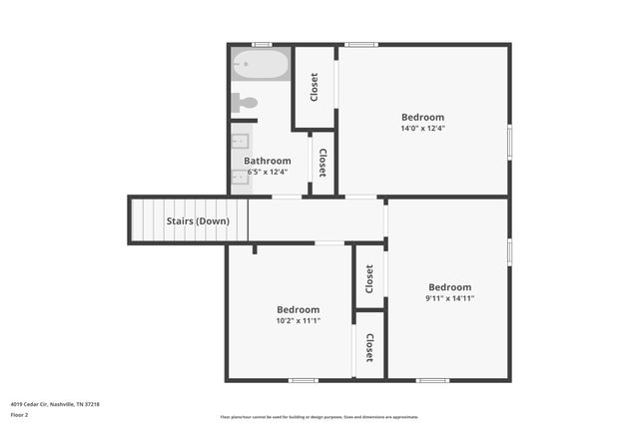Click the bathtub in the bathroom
pyautogui.click(x=261, y=66)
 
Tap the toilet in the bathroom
pyautogui.click(x=246, y=101)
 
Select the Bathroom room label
pyautogui.click(x=268, y=161)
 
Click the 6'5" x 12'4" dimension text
pyautogui.click(x=268, y=172)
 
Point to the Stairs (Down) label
pyautogui.click(x=198, y=220)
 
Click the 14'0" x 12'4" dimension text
pyautogui.click(x=422, y=128)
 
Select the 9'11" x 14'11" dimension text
pyautogui.click(x=449, y=297)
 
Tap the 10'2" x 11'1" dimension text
pyautogui.click(x=299, y=320)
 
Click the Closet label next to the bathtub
pyautogui.click(x=314, y=87)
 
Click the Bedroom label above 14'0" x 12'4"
pyautogui.click(x=422, y=117)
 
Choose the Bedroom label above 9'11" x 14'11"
pyautogui.click(x=449, y=287)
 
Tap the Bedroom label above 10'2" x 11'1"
pyautogui.click(x=299, y=309)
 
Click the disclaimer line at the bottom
pyautogui.click(x=319, y=417)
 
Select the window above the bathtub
pyautogui.click(x=262, y=45)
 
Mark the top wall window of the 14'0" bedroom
pyautogui.click(x=360, y=45)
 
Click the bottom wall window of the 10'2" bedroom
pyautogui.click(x=304, y=379)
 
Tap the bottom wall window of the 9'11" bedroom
pyautogui.click(x=432, y=379)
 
